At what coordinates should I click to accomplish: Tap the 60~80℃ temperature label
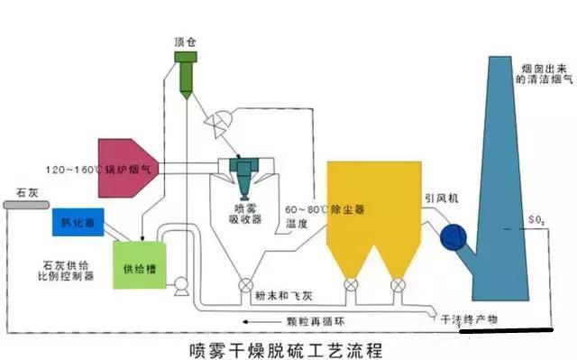[x=303, y=209]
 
